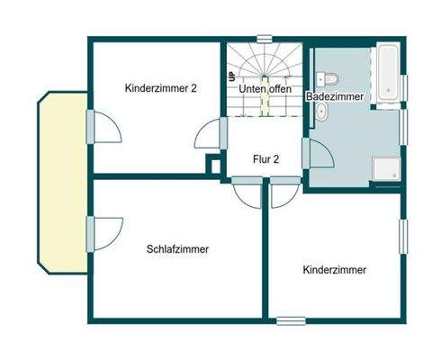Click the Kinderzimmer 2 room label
(162, 88)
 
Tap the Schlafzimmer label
(177, 249)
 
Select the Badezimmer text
(333, 95)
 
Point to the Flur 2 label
(265, 159)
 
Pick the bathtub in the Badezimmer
(390, 73)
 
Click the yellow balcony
(61, 180)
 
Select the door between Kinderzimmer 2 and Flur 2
(209, 135)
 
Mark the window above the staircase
(264, 38)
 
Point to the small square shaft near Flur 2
(213, 164)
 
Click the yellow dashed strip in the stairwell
(265, 101)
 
